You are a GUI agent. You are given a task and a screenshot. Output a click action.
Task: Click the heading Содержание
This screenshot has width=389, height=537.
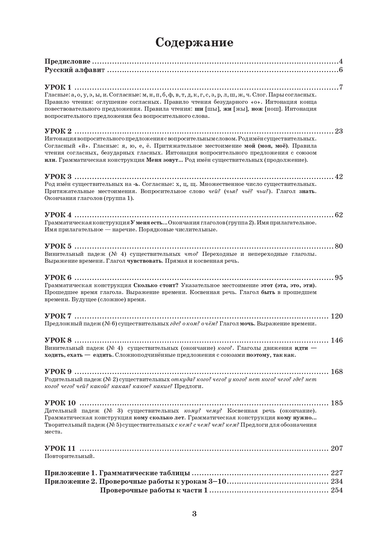(x=194, y=42)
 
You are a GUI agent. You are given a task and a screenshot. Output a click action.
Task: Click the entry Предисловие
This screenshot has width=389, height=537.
(x=67, y=61)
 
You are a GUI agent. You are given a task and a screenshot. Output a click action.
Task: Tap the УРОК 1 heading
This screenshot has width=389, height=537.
(x=58, y=87)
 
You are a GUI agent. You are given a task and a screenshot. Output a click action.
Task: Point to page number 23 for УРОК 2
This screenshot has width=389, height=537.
(x=339, y=131)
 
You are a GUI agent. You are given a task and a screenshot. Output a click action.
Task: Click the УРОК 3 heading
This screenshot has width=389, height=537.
(x=58, y=176)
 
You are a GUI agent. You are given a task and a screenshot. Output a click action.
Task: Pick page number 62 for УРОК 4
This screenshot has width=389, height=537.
(x=339, y=215)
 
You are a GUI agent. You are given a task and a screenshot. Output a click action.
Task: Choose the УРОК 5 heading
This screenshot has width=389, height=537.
(x=58, y=246)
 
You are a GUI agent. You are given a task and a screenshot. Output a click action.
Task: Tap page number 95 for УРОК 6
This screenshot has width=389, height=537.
(x=339, y=277)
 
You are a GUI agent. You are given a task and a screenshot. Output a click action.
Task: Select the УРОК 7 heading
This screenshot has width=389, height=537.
(x=58, y=316)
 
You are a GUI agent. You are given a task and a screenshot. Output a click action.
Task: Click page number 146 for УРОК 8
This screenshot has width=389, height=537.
(x=337, y=340)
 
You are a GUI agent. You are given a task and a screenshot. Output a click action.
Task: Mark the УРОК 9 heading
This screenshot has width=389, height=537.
(x=58, y=371)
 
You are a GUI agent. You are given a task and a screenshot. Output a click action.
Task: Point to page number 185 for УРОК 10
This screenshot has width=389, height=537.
(x=337, y=403)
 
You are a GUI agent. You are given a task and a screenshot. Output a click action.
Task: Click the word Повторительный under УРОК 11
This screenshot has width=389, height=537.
(x=69, y=456)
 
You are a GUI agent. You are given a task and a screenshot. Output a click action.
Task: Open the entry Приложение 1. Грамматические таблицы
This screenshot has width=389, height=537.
(x=117, y=473)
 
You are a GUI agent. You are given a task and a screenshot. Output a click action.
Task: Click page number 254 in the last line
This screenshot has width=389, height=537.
(x=337, y=490)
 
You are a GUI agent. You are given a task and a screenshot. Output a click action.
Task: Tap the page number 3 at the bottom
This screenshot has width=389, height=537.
(x=194, y=513)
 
